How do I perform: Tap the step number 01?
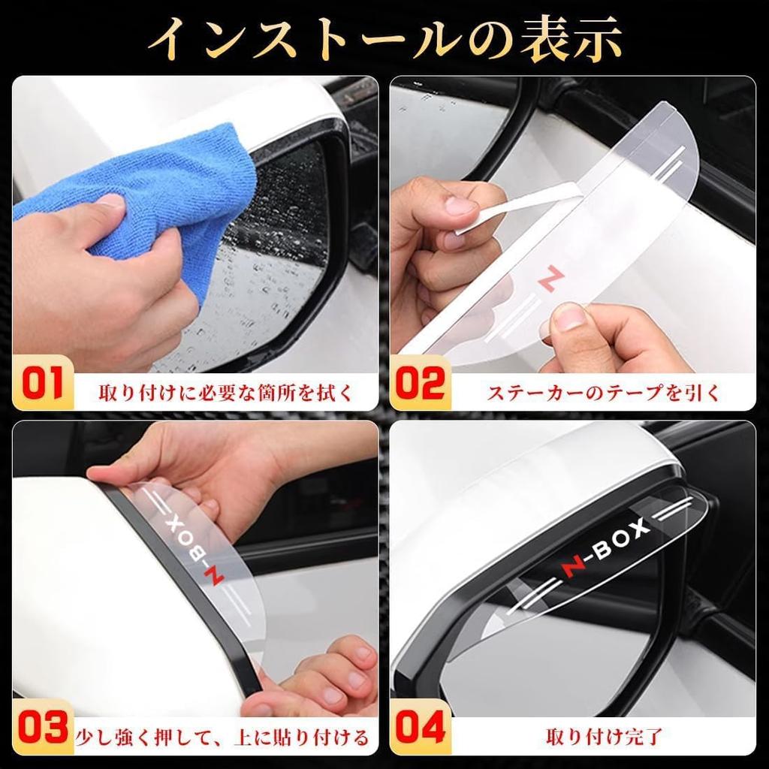point(43,384)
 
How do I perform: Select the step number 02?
point(420,384)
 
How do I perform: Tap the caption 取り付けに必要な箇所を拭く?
point(225,392)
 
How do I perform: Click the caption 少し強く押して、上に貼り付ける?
point(223,737)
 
